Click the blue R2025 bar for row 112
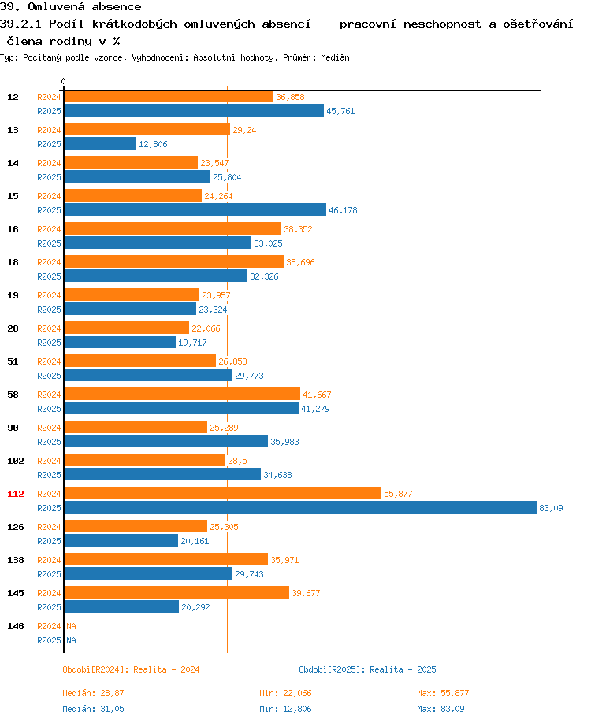[299, 507]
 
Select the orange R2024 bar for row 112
[222, 493]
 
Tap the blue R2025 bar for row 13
[100, 143]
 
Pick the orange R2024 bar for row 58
[182, 394]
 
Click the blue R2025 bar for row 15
[195, 209]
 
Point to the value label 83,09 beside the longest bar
[551, 508]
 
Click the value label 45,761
[340, 111]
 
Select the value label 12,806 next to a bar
[153, 144]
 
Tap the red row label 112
[16, 494]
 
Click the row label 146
[16, 626]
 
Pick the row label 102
[16, 461]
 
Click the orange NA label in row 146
[71, 626]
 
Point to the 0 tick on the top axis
[63, 81]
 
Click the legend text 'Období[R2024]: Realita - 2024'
[131, 669]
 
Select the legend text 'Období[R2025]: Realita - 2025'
[367, 669]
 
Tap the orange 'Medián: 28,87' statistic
[93, 693]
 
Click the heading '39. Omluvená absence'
[71, 7]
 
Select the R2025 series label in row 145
[49, 607]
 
